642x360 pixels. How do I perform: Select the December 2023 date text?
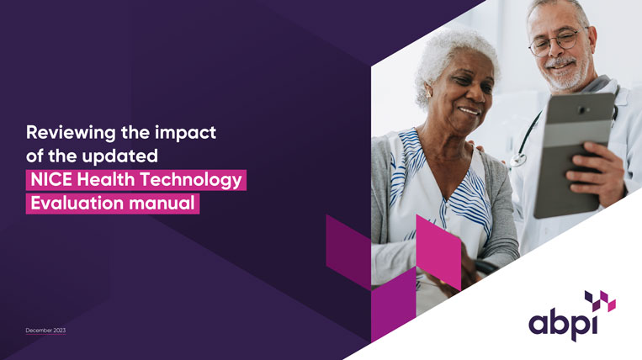pos(46,331)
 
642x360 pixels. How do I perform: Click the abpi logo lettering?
pos(563,322)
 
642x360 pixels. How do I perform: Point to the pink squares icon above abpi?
pos(600,299)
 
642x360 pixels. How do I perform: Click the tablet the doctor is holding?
pos(573,151)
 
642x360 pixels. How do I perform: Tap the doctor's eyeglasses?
pos(557,40)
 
